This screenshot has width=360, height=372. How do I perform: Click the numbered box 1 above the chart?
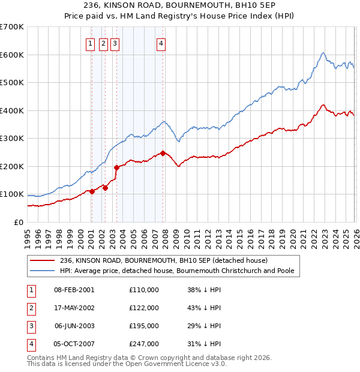coord(90,43)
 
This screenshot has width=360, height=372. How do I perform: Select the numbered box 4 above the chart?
coord(161,43)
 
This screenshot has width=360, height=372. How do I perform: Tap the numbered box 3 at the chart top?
coord(114,43)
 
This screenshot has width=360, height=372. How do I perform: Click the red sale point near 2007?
coord(163,153)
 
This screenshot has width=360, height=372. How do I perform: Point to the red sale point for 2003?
coord(116,167)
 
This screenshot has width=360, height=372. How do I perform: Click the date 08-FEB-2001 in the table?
coord(74,290)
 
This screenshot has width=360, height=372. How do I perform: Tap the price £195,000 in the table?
coord(143,326)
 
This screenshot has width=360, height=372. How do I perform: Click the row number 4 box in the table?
coord(29,344)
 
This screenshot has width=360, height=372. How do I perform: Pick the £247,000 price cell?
coord(143,344)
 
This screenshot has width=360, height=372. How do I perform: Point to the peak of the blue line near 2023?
coord(323,53)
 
